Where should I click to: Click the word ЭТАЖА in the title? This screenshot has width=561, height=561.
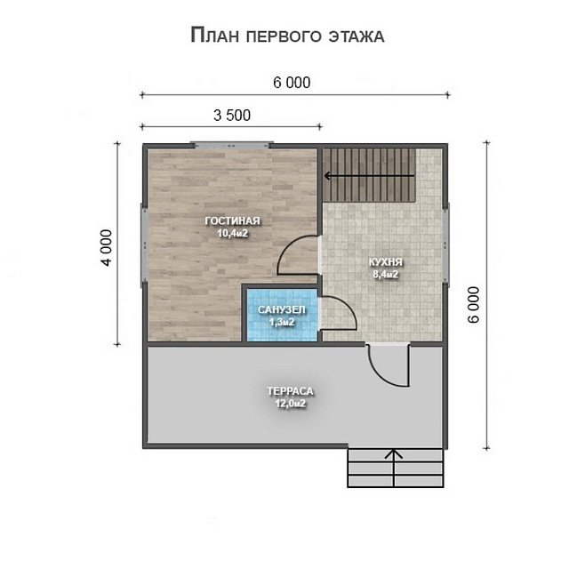(x=357, y=36)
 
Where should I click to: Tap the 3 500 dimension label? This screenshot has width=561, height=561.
(x=232, y=116)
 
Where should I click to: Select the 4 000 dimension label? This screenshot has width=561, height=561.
(x=107, y=248)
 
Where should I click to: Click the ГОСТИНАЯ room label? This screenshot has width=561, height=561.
(x=232, y=220)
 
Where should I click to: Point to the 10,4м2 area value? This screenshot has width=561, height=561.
(x=232, y=233)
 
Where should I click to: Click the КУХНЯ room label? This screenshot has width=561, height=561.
(x=385, y=262)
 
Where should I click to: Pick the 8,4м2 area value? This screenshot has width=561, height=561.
(x=385, y=275)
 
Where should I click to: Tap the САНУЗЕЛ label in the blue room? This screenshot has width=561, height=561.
(x=282, y=309)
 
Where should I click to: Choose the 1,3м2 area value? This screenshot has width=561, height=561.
(x=282, y=322)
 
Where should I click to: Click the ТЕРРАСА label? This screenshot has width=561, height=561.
(x=290, y=391)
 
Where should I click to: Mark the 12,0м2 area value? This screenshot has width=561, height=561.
(x=290, y=404)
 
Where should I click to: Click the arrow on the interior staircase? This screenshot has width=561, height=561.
(x=369, y=176)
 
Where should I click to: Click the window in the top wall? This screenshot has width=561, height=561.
(x=231, y=145)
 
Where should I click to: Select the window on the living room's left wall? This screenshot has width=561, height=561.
(x=144, y=245)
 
